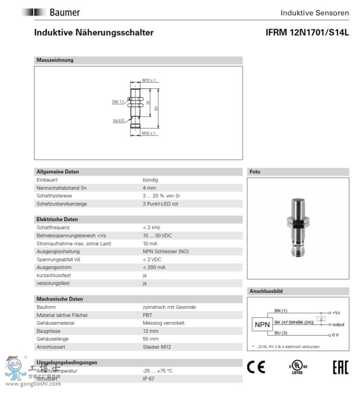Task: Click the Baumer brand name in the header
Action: coord(65,13)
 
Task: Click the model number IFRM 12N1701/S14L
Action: coord(307,33)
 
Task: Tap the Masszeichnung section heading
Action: coord(55,60)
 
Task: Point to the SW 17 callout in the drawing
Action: coord(117,101)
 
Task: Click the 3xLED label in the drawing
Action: coord(118,121)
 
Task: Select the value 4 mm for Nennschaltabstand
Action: coord(149,188)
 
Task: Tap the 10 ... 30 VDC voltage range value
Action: coord(158,236)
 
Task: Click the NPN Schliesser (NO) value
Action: coord(166,251)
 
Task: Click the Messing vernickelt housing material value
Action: coord(164,323)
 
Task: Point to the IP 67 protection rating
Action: coord(149,379)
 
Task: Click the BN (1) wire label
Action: coord(281,311)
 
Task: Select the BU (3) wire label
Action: coord(281,332)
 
